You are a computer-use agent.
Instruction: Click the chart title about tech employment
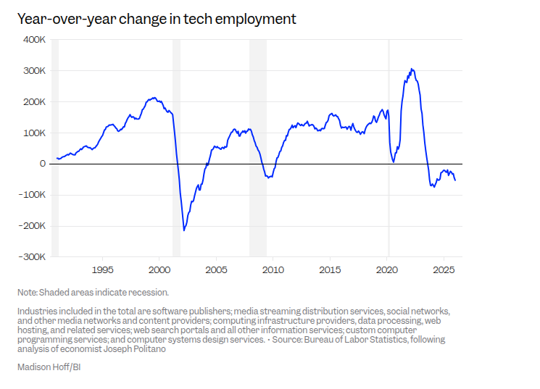point(157,20)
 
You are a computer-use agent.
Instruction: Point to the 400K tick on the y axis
point(33,40)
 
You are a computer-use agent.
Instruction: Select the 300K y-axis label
point(33,71)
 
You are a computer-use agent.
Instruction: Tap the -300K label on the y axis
point(32,256)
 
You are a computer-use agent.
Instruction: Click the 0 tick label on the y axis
point(43,164)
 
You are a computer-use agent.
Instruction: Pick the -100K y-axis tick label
point(32,195)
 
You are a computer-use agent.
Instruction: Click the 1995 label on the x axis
point(102,270)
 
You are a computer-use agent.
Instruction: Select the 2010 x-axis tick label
point(273,270)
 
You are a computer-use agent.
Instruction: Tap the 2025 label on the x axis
point(444,270)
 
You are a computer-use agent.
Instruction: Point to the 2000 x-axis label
point(159,270)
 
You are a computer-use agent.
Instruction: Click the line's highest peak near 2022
point(412,69)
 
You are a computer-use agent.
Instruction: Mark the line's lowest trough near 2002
point(184,230)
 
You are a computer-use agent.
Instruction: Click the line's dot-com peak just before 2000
point(153,97)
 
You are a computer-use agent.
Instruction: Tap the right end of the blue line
point(455,180)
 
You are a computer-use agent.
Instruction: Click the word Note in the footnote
point(27,293)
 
